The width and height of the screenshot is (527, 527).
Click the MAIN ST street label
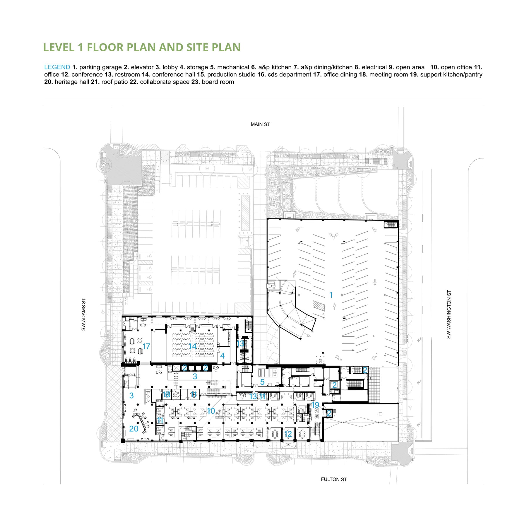coord(260,124)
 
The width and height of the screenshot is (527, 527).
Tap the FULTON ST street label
coord(334,479)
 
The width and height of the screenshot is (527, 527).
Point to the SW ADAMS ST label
coord(84,314)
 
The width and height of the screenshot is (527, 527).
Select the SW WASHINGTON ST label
coord(449,314)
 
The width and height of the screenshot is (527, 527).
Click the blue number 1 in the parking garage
coord(331,295)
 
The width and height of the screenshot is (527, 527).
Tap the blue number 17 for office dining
coord(146,346)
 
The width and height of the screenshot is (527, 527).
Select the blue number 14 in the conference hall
coord(192,346)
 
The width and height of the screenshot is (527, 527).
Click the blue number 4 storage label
coord(222,356)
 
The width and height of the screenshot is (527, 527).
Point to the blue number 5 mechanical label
coord(262,382)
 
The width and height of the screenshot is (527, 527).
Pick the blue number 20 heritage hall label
coord(134,429)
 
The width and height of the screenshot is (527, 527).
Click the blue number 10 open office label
coord(211,411)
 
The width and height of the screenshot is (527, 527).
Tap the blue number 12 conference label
coord(288,434)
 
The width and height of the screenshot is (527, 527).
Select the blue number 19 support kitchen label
coord(315,405)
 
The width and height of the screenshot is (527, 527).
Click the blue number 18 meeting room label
coord(166,394)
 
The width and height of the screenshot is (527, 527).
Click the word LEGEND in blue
coord(57,67)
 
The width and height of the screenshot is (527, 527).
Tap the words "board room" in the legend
coord(218,82)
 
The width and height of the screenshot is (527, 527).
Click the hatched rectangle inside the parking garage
coord(319,306)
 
